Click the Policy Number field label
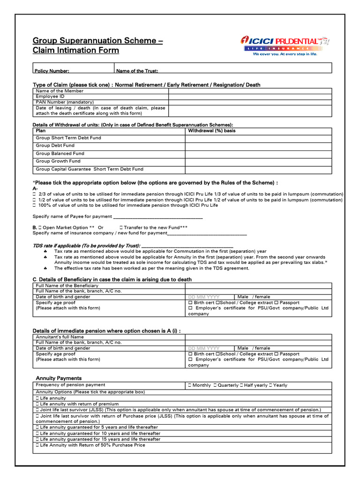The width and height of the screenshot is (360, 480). click(x=52, y=71)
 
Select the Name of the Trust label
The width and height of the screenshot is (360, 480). click(x=137, y=71)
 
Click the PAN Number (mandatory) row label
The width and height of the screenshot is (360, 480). click(x=65, y=102)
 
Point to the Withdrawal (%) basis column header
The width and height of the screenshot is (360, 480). click(x=211, y=131)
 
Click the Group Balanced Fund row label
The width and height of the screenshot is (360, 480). click(x=60, y=153)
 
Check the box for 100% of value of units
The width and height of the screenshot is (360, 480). click(x=34, y=205)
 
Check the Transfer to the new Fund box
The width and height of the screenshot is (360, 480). click(x=121, y=227)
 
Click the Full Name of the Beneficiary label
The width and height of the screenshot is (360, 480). click(x=67, y=285)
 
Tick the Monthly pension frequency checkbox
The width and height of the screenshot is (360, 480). click(x=189, y=385)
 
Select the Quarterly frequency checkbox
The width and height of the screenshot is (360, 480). click(x=215, y=385)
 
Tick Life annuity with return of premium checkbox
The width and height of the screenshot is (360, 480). click(x=37, y=404)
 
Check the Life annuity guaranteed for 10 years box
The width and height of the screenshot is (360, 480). click(x=37, y=433)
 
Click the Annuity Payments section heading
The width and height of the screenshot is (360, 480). click(x=59, y=378)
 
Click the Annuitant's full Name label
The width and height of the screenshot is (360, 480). click(x=60, y=337)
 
